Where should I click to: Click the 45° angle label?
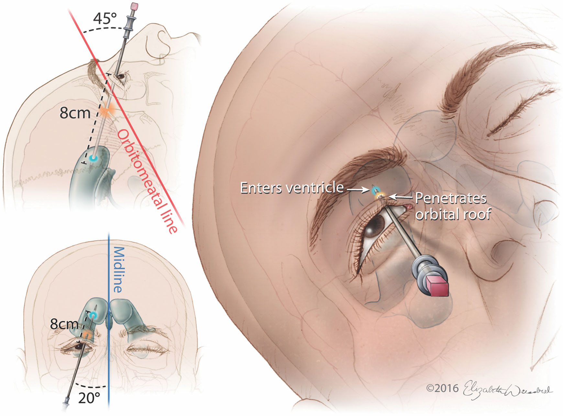tap(105, 18)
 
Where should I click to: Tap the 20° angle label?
tap(89, 398)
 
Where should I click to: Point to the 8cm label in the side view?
tap(75, 113)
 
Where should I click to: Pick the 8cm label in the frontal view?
tap(64, 324)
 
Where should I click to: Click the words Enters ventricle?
tap(292, 188)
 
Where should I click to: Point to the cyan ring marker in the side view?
tap(93, 158)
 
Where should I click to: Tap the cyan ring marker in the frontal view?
tap(93, 315)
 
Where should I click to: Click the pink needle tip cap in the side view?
tap(134, 5)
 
